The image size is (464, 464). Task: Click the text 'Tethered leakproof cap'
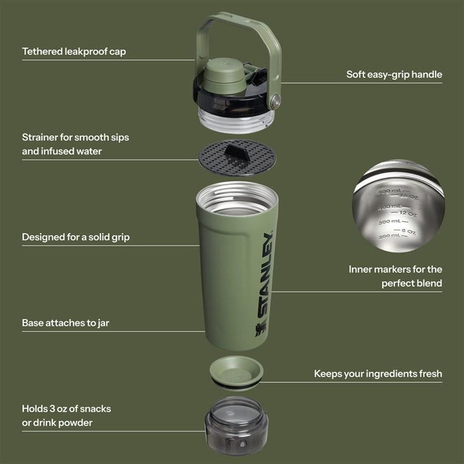coord(73,52)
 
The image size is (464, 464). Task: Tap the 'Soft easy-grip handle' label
coord(394,75)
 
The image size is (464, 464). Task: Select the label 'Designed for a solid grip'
coord(75,237)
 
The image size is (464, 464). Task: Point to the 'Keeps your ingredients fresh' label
coord(378,374)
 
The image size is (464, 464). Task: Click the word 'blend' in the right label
coord(428,283)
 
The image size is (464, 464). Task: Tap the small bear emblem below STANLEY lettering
coord(260,331)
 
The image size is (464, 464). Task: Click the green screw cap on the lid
coord(224,77)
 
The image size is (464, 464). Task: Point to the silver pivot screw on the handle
coord(276,101)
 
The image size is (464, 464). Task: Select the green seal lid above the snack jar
coord(237,371)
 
